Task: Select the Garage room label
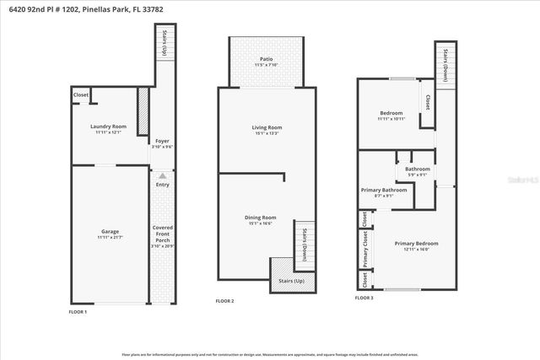pos(109,234)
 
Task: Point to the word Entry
pos(163,185)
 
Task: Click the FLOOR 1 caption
pos(78,311)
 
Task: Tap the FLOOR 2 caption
pos(224,301)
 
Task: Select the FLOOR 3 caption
pos(364,298)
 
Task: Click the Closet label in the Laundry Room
pos(81,95)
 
